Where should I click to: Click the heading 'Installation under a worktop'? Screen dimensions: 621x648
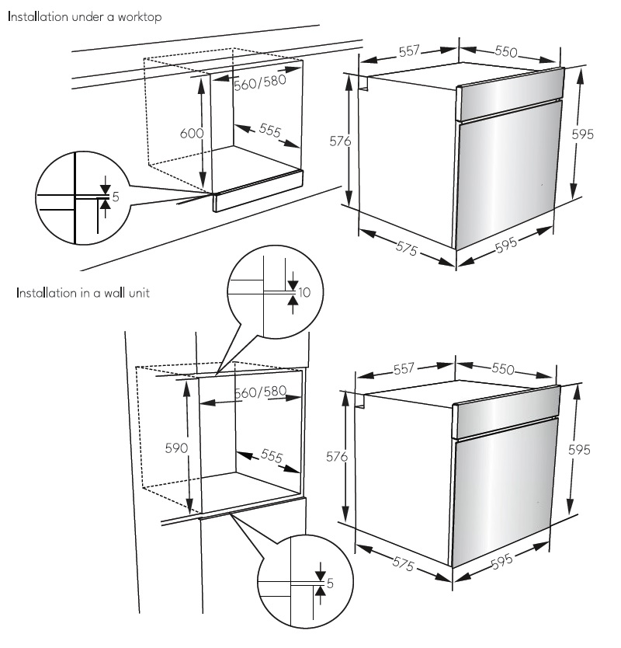click(x=85, y=17)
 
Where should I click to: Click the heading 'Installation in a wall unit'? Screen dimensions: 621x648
click(x=83, y=293)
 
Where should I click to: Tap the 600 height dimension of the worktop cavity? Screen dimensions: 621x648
click(x=192, y=133)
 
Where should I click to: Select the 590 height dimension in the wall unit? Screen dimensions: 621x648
click(x=176, y=448)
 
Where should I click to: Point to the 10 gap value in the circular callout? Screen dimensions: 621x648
click(x=304, y=293)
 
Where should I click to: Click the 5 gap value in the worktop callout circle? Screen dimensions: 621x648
click(x=116, y=197)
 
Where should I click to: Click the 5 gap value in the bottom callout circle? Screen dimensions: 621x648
click(x=330, y=583)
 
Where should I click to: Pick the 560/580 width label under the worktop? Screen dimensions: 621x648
click(x=260, y=82)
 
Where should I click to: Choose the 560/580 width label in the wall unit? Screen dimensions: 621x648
click(x=261, y=392)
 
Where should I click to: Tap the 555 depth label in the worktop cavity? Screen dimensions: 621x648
click(x=270, y=131)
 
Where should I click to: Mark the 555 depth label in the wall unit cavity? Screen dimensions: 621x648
click(x=272, y=456)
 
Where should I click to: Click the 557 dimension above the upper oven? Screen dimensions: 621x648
click(x=409, y=51)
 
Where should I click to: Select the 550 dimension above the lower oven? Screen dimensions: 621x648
click(x=503, y=368)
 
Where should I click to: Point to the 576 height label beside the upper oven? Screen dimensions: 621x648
click(x=340, y=141)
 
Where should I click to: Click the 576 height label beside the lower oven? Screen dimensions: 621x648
click(x=337, y=457)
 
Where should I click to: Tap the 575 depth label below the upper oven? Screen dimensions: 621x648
click(x=407, y=249)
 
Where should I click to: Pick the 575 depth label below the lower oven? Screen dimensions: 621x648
click(x=404, y=563)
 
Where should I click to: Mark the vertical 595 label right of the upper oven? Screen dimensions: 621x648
click(x=583, y=134)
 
